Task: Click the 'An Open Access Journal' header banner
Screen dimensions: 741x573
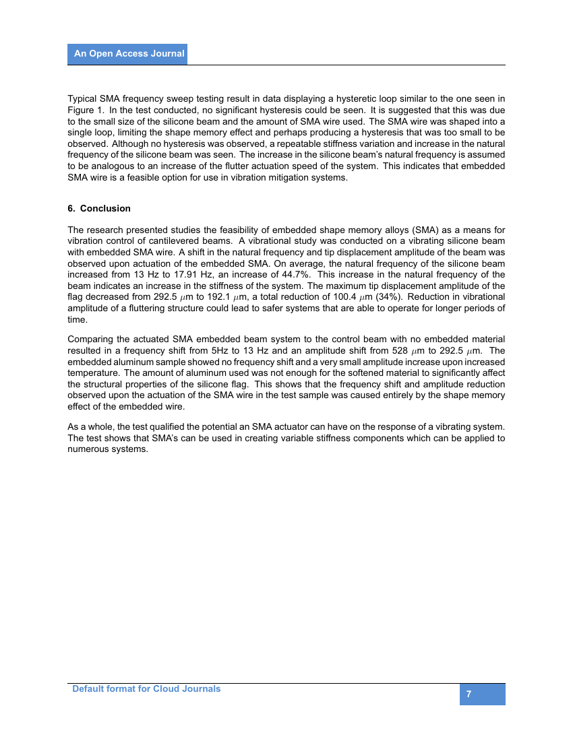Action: point(127,54)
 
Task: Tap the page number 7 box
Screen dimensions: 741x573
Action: point(482,695)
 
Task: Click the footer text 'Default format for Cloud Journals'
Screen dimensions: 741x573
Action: point(146,688)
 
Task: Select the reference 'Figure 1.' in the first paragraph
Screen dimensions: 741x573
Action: point(86,109)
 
